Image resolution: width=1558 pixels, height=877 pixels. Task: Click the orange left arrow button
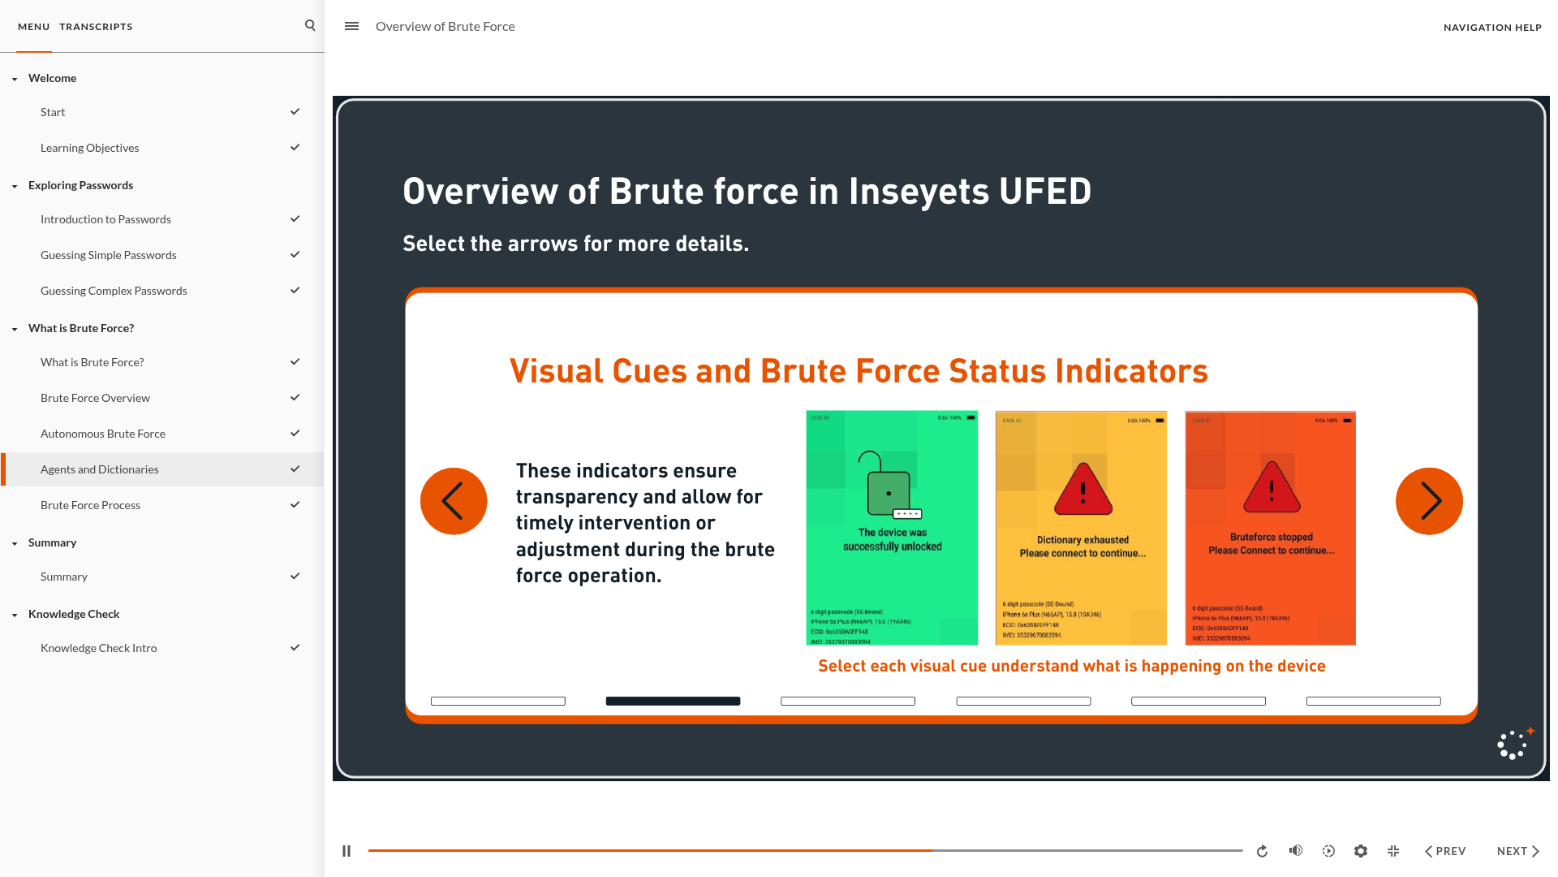coord(454,501)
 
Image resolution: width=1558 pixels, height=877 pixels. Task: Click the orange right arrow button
coord(1429,501)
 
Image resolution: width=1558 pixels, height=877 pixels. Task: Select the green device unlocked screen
coord(892,568)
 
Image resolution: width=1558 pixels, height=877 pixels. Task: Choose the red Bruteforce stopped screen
coord(1270,585)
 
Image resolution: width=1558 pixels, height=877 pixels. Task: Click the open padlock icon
coord(888,485)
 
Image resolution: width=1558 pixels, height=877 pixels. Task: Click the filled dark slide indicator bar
coord(673,701)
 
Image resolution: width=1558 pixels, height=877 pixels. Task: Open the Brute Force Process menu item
coord(90,505)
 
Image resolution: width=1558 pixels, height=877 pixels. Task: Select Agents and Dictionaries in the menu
coord(100,469)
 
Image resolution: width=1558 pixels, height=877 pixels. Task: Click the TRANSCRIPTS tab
coord(96,27)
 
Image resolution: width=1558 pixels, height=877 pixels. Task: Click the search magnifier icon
coord(310,26)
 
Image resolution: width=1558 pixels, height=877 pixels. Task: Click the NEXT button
coord(1517,851)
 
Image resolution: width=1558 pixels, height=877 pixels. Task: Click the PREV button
coord(1445,851)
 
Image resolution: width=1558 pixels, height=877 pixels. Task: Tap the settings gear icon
coord(1361,851)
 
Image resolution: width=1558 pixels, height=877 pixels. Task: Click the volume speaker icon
coord(1296,851)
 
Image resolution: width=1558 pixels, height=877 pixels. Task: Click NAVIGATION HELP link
coord(1492,28)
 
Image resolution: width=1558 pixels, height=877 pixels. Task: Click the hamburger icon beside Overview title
coord(351,26)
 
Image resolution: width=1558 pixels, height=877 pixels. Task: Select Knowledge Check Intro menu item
coord(99,648)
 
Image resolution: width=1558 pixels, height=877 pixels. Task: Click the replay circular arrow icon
coord(1262,851)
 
